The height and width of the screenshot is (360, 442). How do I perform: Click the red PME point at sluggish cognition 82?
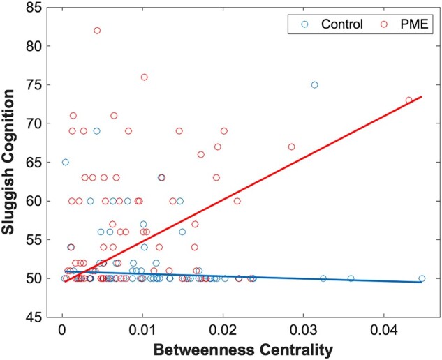(97, 31)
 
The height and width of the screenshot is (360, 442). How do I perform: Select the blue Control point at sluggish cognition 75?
(314, 84)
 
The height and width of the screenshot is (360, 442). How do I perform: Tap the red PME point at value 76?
(145, 77)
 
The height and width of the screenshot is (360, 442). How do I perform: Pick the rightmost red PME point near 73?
(409, 100)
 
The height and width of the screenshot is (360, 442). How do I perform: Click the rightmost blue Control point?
(422, 278)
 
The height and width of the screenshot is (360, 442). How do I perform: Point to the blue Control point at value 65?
(66, 162)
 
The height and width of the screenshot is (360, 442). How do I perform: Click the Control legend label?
(341, 24)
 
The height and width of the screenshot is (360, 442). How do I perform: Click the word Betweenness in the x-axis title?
(196, 347)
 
